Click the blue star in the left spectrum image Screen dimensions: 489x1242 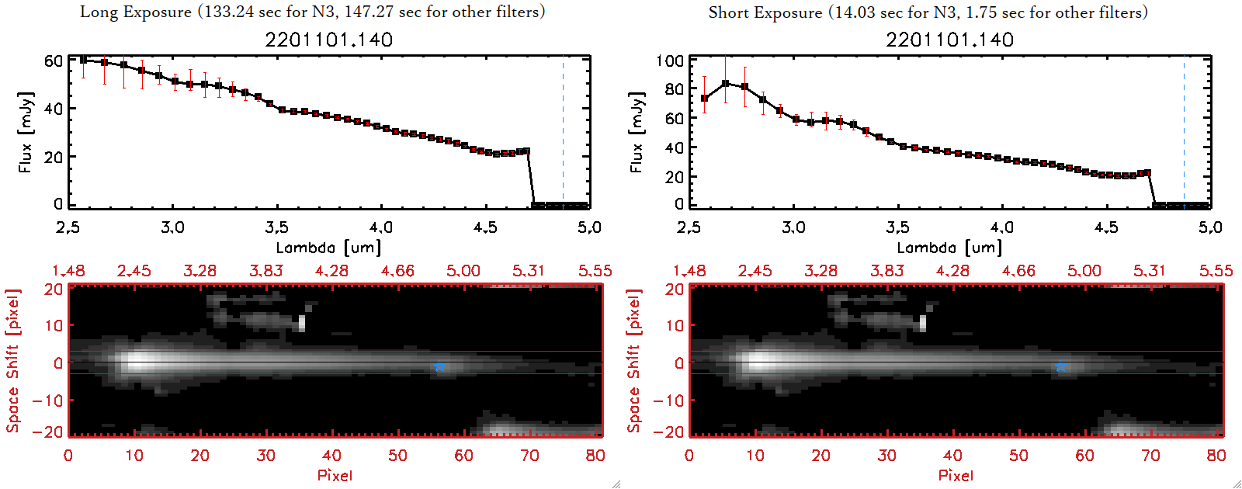click(439, 367)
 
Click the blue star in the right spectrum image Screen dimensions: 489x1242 click(1060, 367)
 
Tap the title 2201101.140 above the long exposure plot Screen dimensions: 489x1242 click(329, 40)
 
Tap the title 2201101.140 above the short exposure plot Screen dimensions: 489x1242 click(950, 40)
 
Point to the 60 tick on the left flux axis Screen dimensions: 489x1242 click(54, 61)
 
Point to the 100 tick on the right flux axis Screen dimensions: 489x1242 click(670, 61)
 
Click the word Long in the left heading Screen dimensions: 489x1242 click(98, 12)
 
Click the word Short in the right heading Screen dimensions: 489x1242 click(727, 12)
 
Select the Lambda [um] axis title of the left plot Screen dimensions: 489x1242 click(328, 248)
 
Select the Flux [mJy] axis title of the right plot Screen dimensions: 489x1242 click(637, 132)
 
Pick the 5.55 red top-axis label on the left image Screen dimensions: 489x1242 click(595, 270)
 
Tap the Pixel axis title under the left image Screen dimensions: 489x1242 click(335, 475)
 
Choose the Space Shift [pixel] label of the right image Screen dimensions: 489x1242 click(634, 361)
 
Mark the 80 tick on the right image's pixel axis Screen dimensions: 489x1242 click(1216, 456)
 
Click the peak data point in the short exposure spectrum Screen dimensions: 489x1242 click(725, 83)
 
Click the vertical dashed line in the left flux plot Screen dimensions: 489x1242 click(563, 132)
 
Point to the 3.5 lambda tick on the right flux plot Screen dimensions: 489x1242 click(897, 227)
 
